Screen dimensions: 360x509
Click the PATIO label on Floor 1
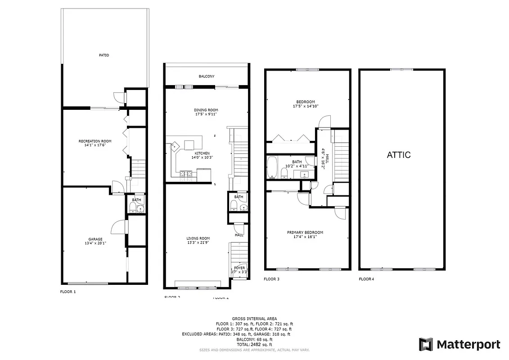pyautogui.click(x=104, y=55)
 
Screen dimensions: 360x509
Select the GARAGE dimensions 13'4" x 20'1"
pyautogui.click(x=95, y=243)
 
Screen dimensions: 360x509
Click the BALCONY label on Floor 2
pyautogui.click(x=207, y=76)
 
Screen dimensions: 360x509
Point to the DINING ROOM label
pyautogui.click(x=206, y=110)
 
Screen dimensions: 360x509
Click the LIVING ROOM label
pyautogui.click(x=198, y=238)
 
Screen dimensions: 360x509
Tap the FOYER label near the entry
pyautogui.click(x=239, y=268)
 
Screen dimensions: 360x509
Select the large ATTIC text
pyautogui.click(x=399, y=155)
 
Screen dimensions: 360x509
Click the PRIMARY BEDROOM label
pyautogui.click(x=305, y=233)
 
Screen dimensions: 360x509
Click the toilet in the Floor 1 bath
pyautogui.click(x=133, y=207)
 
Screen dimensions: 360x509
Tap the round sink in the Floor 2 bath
pyautogui.click(x=243, y=208)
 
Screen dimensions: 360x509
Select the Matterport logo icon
pyautogui.click(x=426, y=345)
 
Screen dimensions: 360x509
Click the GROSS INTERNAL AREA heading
pyautogui.click(x=254, y=318)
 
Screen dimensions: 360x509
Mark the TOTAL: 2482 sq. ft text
pyautogui.click(x=254, y=344)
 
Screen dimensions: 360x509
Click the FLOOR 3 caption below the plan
pyautogui.click(x=271, y=279)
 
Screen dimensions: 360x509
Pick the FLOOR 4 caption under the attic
pyautogui.click(x=366, y=279)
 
